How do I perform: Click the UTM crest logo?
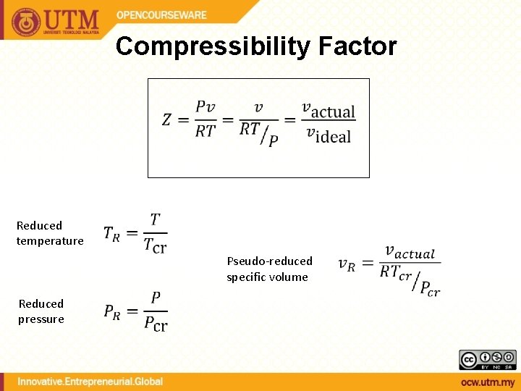[27, 21]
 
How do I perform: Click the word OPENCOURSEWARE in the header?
[161, 15]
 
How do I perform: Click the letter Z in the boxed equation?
[166, 119]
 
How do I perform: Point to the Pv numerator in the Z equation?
[205, 107]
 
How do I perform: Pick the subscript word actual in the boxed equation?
[333, 112]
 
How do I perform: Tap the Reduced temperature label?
[50, 233]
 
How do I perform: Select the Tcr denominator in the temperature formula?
[155, 246]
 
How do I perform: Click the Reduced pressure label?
[41, 311]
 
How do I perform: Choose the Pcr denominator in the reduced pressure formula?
[156, 324]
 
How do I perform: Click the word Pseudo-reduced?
[269, 261]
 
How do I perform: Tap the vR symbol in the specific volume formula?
[347, 264]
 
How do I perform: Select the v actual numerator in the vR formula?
[410, 252]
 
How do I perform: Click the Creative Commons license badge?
[487, 360]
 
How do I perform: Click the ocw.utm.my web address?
[487, 382]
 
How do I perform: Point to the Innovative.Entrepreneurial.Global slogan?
[90, 382]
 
